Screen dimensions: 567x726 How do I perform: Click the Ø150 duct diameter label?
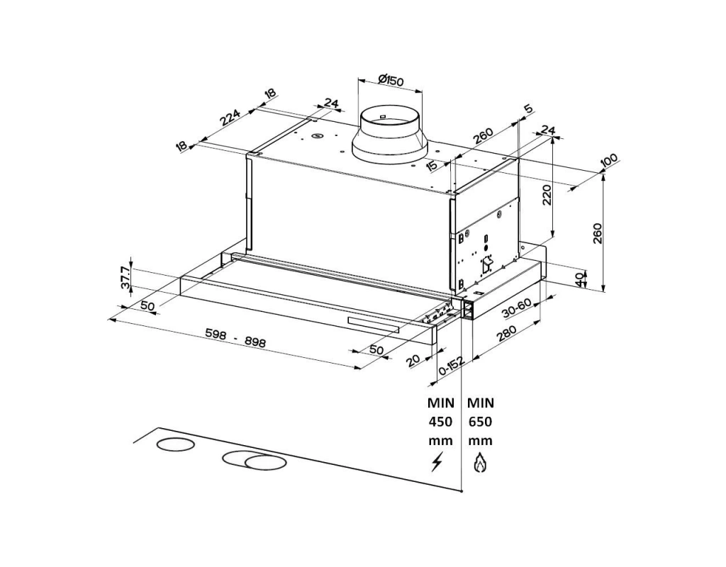tap(391, 80)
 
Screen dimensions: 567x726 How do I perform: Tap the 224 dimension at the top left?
tap(230, 117)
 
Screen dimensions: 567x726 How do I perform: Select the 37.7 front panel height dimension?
tap(125, 278)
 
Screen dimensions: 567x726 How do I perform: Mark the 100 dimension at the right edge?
tap(608, 162)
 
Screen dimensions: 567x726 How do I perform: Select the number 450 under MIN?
tap(440, 422)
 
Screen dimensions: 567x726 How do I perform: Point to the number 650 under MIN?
tap(480, 422)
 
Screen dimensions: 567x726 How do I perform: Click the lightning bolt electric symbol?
tap(437, 462)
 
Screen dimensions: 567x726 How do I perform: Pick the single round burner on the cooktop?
tap(174, 445)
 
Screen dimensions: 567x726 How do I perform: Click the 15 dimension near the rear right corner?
tap(432, 167)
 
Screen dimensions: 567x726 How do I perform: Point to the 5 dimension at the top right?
tap(527, 109)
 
